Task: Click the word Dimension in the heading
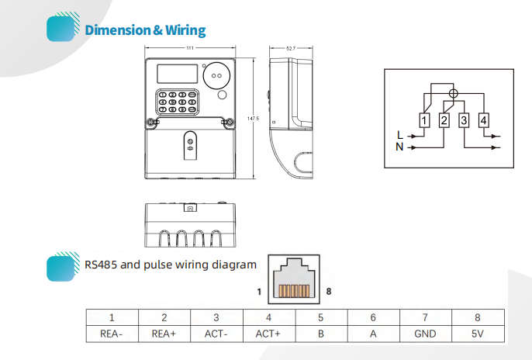point(117,29)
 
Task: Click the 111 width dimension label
point(190,48)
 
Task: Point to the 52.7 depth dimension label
point(291,49)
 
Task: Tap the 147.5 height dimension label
point(253,119)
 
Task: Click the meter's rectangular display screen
point(177,74)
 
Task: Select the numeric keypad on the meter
point(178,102)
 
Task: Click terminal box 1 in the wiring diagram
point(424,120)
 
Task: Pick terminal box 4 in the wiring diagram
point(483,120)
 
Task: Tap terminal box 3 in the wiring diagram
point(464,120)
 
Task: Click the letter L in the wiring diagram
point(400,135)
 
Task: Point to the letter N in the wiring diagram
point(399,147)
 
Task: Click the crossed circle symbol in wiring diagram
point(453,93)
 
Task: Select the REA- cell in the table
point(112,334)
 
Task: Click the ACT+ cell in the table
point(268,334)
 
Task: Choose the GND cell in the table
point(425,334)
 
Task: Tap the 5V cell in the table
point(478,334)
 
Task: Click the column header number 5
point(320,317)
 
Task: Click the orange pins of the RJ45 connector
point(294,291)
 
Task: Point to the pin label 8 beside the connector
point(329,292)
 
